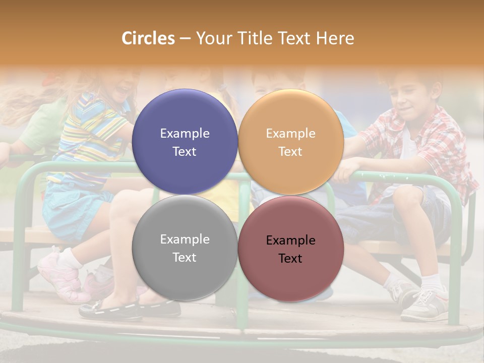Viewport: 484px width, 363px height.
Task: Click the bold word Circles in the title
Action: pos(148,38)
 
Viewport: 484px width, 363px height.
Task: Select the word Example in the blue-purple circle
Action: pos(185,134)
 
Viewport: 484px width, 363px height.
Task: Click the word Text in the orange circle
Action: pos(290,152)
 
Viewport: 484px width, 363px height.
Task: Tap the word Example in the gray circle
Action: pos(185,239)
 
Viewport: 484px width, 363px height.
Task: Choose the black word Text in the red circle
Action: pos(290,259)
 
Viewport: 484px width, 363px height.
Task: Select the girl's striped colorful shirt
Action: pos(96,131)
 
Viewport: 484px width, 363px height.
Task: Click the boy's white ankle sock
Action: pos(432,282)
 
